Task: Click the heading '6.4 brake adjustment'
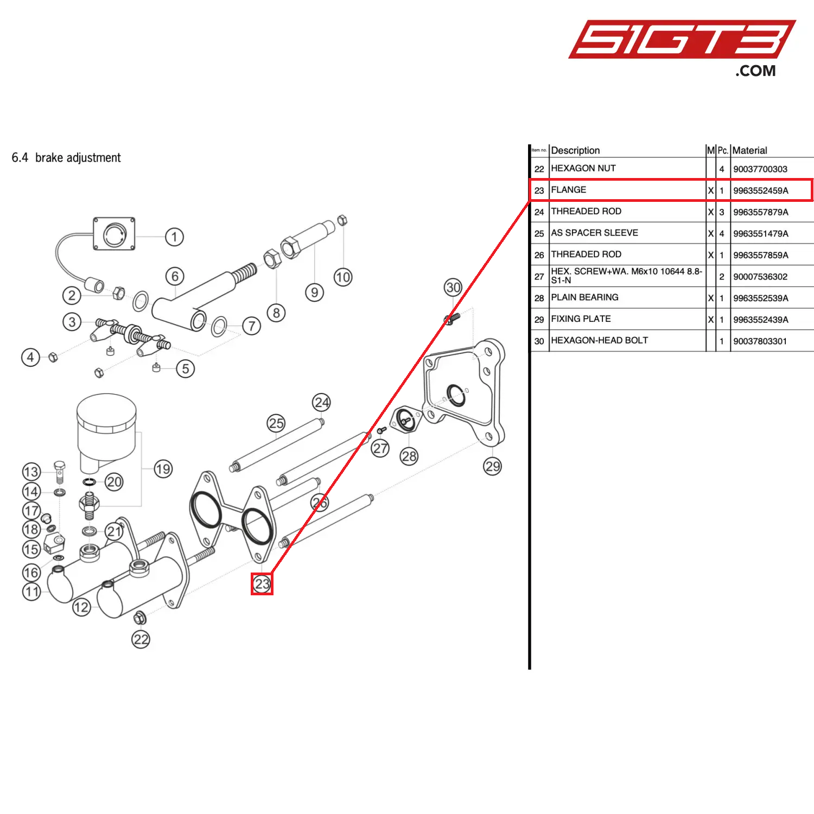click(66, 158)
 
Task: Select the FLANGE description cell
click(569, 190)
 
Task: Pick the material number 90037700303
click(760, 169)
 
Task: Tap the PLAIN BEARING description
click(584, 297)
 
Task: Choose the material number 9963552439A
click(760, 320)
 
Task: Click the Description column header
click(575, 150)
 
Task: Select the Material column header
click(749, 150)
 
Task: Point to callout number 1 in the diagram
click(174, 237)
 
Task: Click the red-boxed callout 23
click(262, 584)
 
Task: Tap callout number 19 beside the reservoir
click(163, 469)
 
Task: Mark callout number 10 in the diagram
click(343, 277)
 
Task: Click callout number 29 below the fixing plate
click(493, 466)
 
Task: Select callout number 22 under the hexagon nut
click(141, 639)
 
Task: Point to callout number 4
click(30, 357)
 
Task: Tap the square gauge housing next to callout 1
click(114, 234)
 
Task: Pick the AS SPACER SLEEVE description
click(594, 233)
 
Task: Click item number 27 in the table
click(539, 277)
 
